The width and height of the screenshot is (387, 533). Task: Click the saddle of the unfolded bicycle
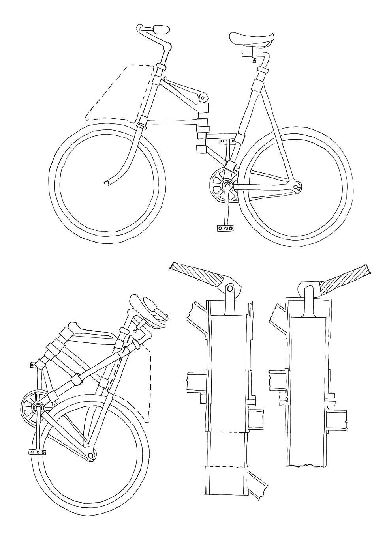[x=251, y=39]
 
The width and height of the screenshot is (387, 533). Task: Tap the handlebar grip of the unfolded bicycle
[x=161, y=29]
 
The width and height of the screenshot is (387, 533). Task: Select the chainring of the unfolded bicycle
[x=220, y=185]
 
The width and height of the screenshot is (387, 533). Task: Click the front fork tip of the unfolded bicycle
[x=107, y=183]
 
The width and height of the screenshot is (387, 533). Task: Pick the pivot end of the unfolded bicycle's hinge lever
[x=203, y=97]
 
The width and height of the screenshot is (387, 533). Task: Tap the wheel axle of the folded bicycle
[x=91, y=455]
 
